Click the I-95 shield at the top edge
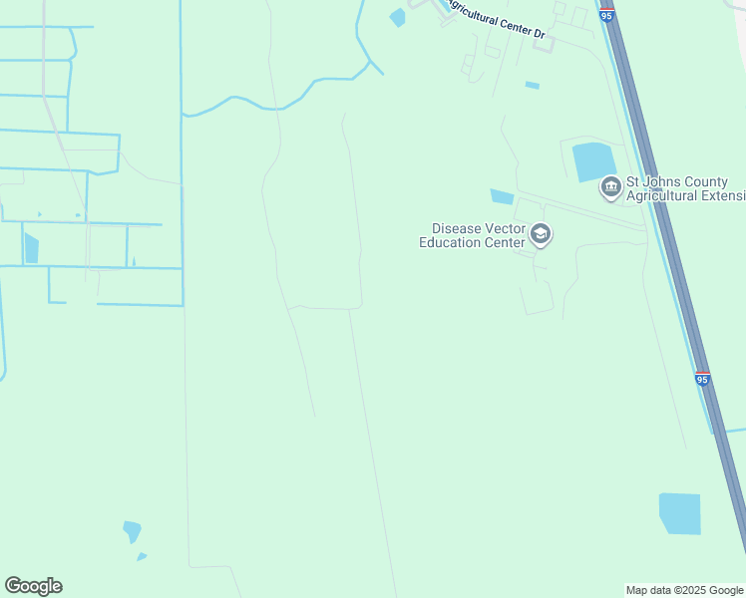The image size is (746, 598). [605, 13]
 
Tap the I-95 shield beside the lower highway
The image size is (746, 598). [703, 379]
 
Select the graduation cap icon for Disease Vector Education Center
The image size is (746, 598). [541, 234]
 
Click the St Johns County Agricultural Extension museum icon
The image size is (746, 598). [609, 186]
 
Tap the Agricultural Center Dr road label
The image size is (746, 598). [496, 19]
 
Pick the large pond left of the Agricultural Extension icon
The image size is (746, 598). [593, 161]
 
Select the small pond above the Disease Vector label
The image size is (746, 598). [502, 196]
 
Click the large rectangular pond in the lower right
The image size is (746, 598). [680, 513]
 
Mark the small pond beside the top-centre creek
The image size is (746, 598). [398, 17]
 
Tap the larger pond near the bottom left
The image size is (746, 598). [132, 531]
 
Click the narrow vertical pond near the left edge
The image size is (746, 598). [31, 247]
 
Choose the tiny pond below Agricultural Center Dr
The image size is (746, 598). [533, 86]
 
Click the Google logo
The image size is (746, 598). [34, 586]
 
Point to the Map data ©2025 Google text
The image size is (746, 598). [685, 590]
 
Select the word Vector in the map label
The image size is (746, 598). [504, 228]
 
